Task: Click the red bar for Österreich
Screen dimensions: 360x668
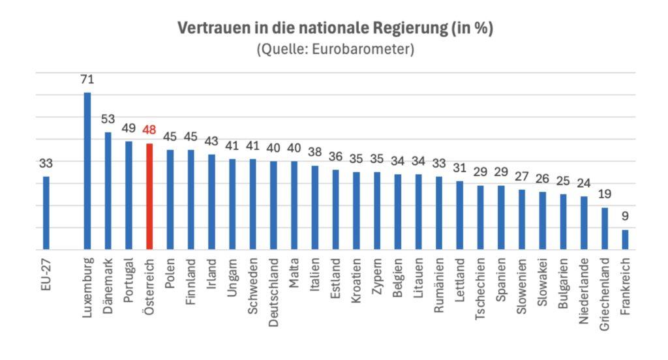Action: [149, 196]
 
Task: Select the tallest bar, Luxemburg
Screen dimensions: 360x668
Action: [87, 171]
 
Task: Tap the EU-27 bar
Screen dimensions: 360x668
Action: [46, 213]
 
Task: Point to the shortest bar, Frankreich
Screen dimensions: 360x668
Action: [625, 239]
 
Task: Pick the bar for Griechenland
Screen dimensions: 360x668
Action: [605, 228]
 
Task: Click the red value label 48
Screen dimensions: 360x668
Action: [149, 130]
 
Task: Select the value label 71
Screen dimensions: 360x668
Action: [87, 80]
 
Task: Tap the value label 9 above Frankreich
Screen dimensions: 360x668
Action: [625, 216]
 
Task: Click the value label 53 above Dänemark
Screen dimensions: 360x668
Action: [108, 119]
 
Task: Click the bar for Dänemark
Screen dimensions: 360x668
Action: [108, 190]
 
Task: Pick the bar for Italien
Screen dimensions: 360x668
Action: [315, 207]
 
